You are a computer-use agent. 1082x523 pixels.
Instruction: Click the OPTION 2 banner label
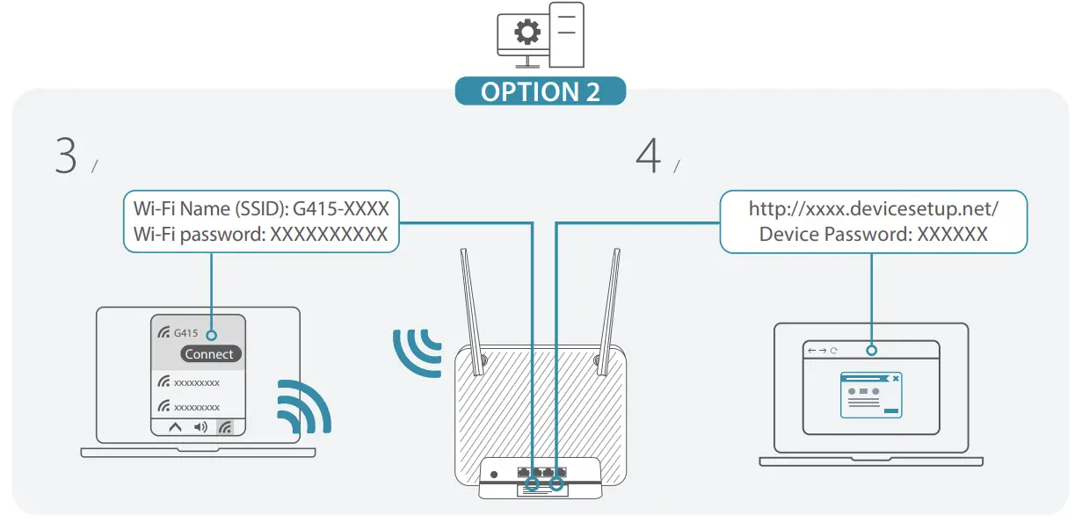(x=540, y=91)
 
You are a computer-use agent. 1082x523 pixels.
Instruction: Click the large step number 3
(x=66, y=156)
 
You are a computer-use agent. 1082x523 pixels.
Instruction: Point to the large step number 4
(x=648, y=156)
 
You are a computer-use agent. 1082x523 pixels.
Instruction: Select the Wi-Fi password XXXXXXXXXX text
(x=328, y=235)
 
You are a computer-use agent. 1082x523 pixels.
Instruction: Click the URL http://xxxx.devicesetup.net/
(x=873, y=208)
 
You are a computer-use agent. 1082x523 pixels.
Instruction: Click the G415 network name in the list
(x=185, y=333)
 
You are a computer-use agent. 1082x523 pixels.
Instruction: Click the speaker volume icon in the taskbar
(x=200, y=427)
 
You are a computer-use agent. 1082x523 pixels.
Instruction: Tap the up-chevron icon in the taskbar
(x=175, y=427)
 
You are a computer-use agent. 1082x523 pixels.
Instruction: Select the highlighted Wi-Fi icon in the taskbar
(x=226, y=427)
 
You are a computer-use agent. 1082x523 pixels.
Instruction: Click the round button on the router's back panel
(x=494, y=475)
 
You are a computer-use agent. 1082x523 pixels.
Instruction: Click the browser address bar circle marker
(x=871, y=350)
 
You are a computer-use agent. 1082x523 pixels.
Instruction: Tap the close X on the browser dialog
(x=896, y=379)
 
